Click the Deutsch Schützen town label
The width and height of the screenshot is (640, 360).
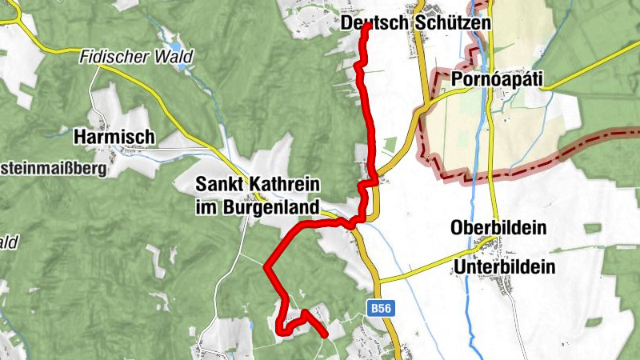point(415,24)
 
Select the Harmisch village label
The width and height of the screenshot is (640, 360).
point(114,138)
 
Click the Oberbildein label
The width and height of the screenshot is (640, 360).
point(498,228)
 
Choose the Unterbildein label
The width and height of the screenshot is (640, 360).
point(504,266)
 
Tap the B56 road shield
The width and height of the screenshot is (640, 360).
point(381,307)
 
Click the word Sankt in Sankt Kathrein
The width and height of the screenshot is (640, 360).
point(222,186)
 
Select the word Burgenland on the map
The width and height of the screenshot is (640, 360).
point(267,208)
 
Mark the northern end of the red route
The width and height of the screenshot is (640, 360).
point(366,26)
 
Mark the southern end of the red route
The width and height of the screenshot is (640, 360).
point(325,335)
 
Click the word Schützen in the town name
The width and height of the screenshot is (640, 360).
point(452,24)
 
